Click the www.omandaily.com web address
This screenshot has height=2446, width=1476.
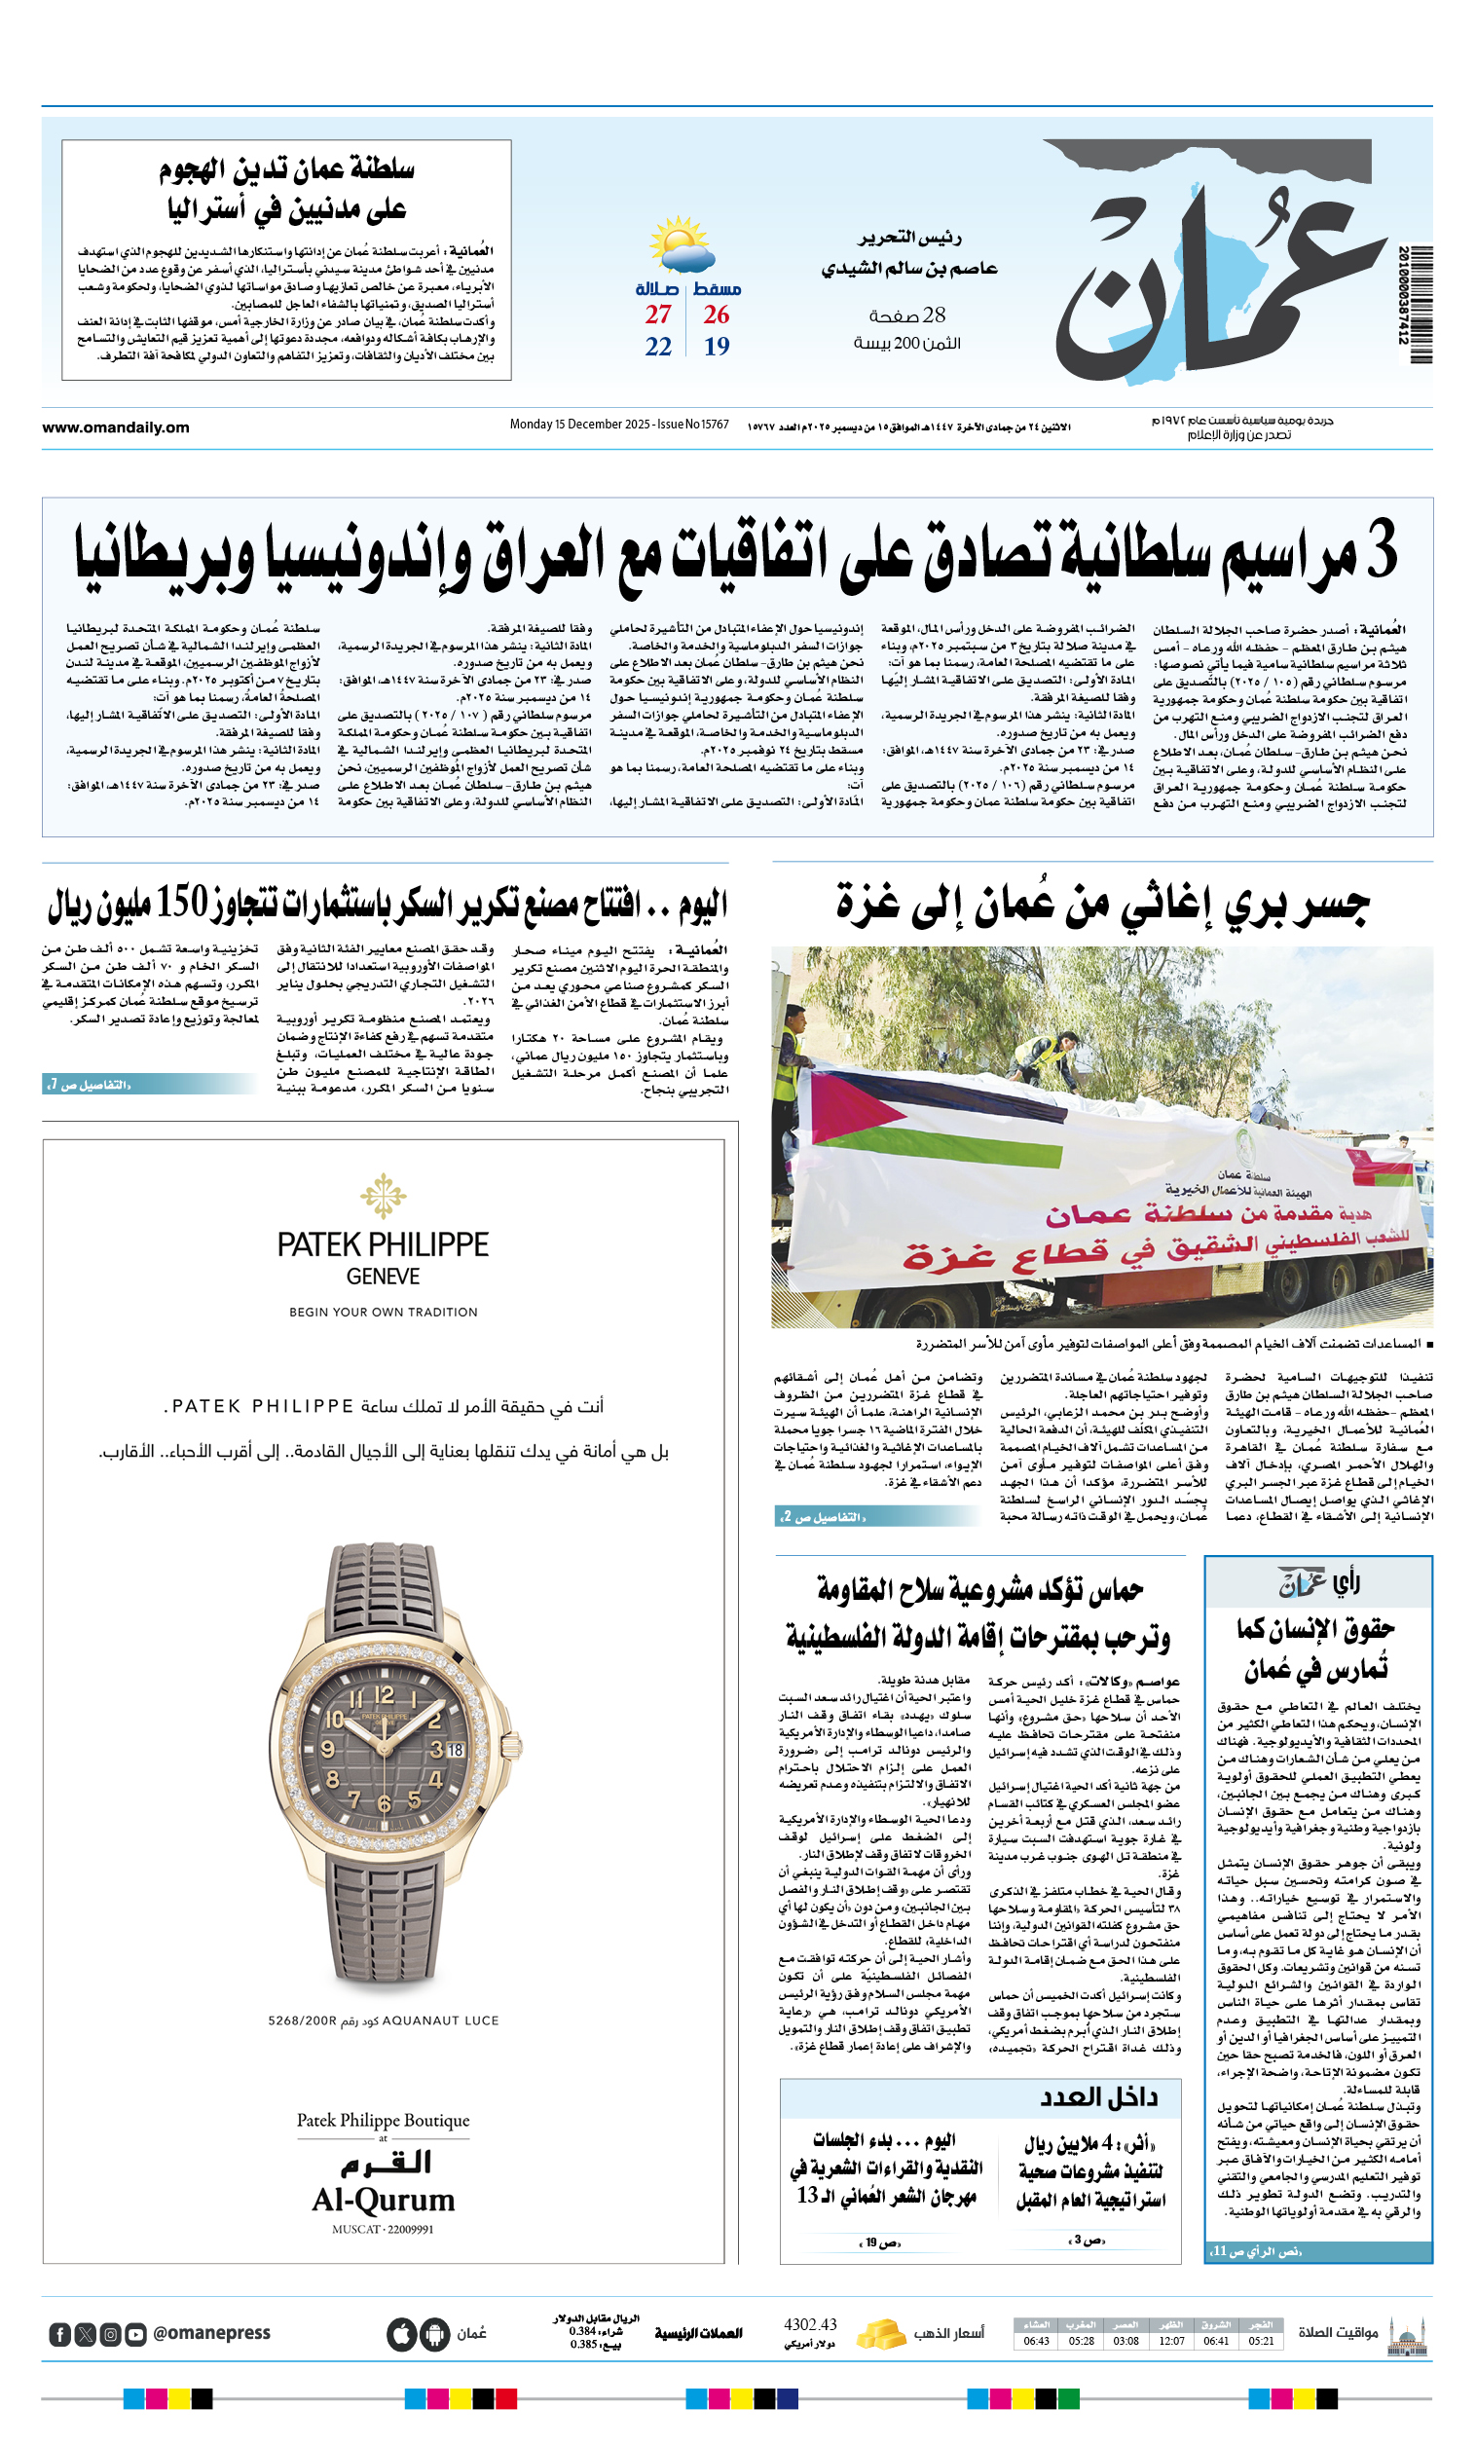click(115, 427)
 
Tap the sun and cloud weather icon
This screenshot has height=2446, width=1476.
click(681, 245)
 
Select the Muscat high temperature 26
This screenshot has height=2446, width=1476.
click(717, 315)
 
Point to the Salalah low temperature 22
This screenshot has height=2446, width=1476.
click(658, 347)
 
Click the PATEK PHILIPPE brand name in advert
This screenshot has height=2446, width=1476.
click(384, 1244)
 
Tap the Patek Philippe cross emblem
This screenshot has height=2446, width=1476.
click(384, 1195)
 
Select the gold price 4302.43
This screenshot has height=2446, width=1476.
click(810, 2325)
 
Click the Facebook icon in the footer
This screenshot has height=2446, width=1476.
click(59, 2334)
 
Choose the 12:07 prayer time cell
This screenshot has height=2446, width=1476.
click(1171, 2341)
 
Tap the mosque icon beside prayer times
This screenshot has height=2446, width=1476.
click(1408, 2333)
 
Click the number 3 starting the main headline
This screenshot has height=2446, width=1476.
click(1380, 549)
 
